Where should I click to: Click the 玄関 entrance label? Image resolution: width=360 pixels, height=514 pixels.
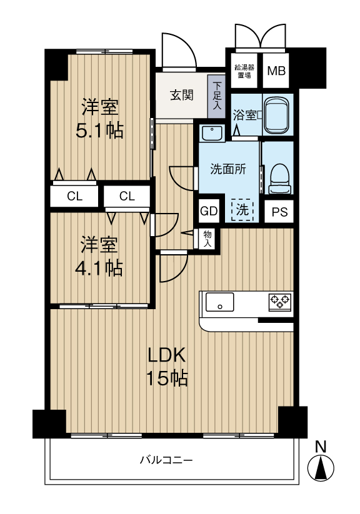pos(181,96)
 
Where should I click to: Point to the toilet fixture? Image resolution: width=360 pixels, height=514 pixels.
pos(277,178)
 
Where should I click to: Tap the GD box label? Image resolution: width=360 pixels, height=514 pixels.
pos(208,211)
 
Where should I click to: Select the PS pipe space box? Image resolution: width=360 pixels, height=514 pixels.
pos(279,212)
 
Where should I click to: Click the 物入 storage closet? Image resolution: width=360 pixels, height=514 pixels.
pos(207,238)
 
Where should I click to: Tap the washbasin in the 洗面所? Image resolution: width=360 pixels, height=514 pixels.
pos(212,133)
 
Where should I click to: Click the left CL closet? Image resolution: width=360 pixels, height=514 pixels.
pos(74,196)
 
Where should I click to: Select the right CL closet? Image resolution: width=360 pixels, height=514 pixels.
pos(127,196)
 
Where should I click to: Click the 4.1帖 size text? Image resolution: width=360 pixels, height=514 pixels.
pos(100,268)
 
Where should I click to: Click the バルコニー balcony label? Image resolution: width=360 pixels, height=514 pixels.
pos(166,461)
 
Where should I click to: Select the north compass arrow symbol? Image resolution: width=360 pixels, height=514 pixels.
pos(321,467)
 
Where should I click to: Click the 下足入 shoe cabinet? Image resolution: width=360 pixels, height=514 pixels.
pos(217,96)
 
